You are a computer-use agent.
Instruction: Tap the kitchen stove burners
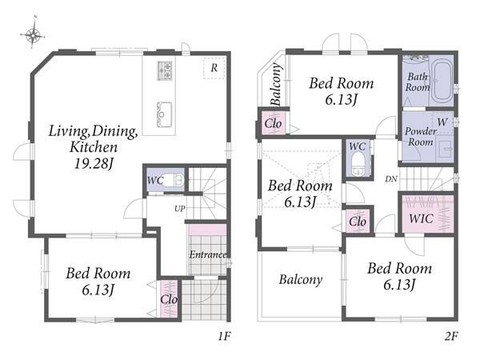coord(165,70)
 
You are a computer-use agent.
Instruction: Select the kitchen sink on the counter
coord(164,114)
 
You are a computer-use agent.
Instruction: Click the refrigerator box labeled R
coord(214,68)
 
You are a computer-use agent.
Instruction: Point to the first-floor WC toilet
coord(175,180)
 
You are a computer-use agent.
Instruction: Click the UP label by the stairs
coord(180,209)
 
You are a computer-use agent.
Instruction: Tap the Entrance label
coord(208,254)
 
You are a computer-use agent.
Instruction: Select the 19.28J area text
coord(94,164)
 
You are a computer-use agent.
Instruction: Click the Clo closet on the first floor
coord(169,299)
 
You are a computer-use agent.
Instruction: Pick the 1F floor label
coord(224,337)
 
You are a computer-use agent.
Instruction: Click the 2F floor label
coord(451,337)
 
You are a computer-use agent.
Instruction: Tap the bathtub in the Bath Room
coord(441,81)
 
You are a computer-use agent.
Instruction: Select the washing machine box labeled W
coord(442,122)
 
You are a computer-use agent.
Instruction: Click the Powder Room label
coord(421,137)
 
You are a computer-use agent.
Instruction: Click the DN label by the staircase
coord(391,179)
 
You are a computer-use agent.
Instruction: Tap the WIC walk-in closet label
coord(422,218)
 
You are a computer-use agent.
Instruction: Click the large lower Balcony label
coord(301,280)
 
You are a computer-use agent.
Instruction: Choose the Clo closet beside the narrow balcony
coord(273,124)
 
